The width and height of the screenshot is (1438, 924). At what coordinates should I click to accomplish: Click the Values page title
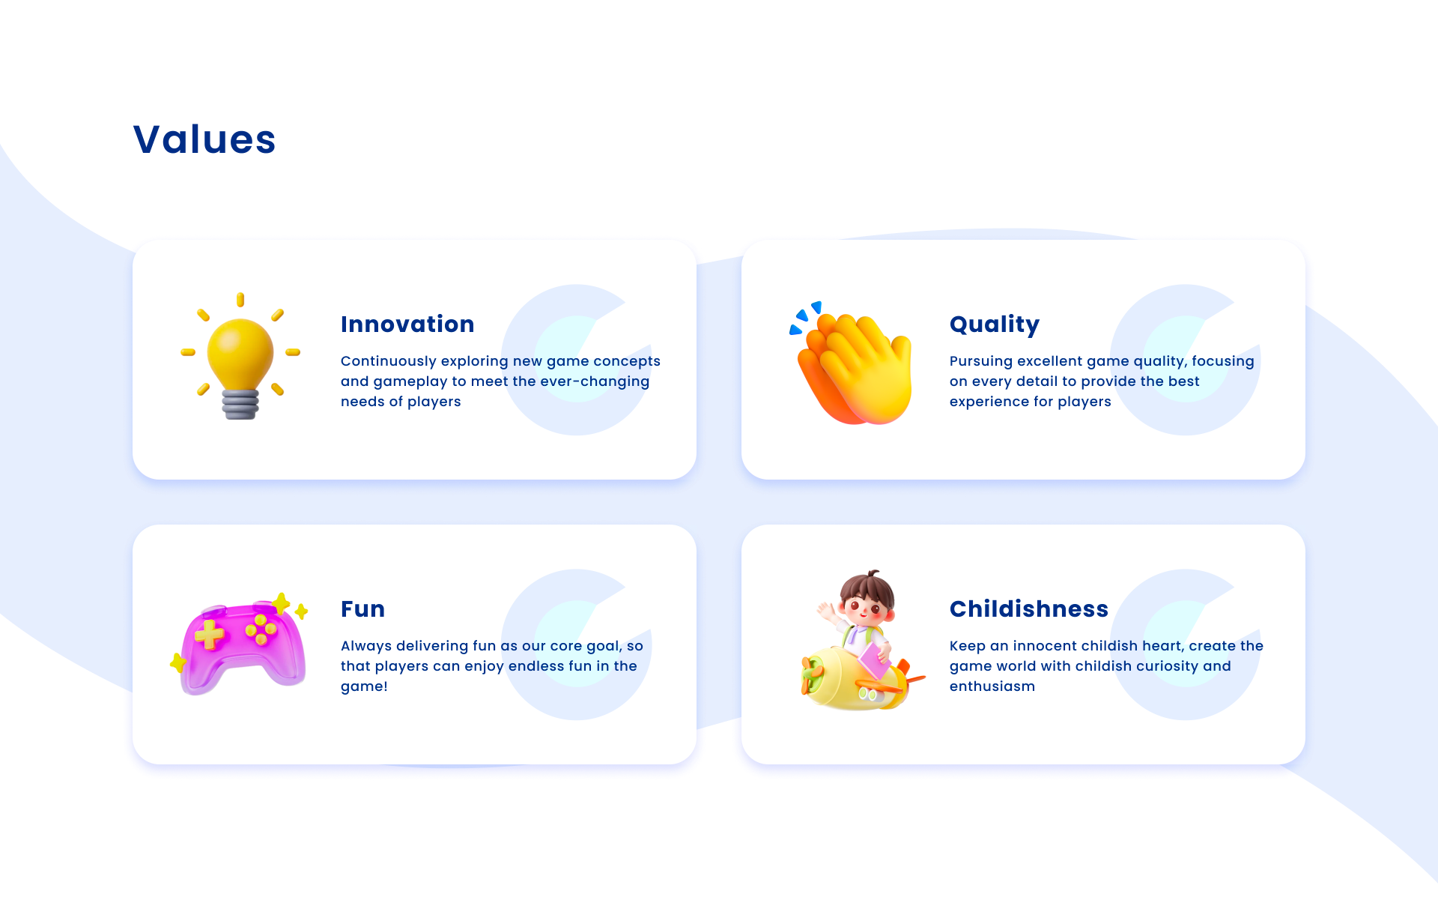(204, 139)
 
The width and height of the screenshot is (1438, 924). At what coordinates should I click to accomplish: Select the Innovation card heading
(407, 324)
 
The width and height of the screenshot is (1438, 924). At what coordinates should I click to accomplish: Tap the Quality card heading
(995, 324)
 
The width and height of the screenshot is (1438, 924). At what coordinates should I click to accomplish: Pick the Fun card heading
(363, 609)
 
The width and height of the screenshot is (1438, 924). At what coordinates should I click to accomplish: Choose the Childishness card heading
(1029, 609)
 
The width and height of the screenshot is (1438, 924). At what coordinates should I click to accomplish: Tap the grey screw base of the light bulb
(240, 405)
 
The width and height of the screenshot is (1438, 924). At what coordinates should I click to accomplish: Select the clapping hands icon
(854, 367)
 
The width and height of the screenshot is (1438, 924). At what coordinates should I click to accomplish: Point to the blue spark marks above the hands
(805, 318)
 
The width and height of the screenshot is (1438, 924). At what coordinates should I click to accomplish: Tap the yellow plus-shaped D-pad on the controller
(210, 635)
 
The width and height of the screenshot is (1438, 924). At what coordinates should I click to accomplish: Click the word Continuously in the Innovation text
(388, 361)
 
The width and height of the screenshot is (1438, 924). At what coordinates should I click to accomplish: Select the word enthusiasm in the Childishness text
(992, 686)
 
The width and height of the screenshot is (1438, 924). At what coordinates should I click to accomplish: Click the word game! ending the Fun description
(364, 687)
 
